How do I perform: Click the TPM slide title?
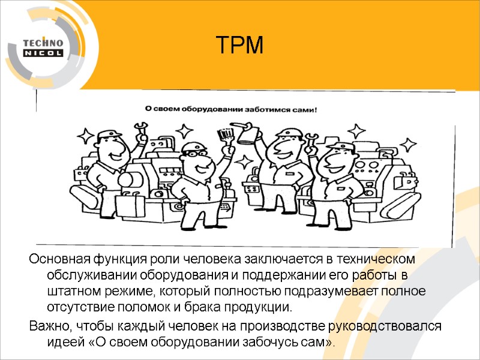239,46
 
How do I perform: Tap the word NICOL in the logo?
43,53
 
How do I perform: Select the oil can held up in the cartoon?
247,133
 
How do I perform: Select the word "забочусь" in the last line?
260,342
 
